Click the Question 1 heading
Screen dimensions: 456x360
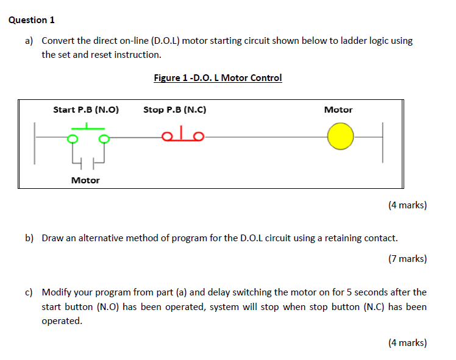click(32, 20)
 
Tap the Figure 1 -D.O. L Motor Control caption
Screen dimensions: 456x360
click(218, 78)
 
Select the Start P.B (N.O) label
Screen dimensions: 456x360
click(86, 110)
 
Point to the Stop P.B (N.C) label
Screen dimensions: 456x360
click(175, 110)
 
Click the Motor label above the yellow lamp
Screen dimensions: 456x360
click(338, 110)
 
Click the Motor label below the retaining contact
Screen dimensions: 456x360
click(85, 180)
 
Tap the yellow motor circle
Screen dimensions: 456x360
click(340, 138)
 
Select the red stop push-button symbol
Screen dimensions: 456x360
click(183, 135)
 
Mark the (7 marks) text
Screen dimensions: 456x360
click(407, 259)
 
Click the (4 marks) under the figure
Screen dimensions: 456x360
click(407, 205)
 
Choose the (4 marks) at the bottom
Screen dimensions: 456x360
click(407, 343)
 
